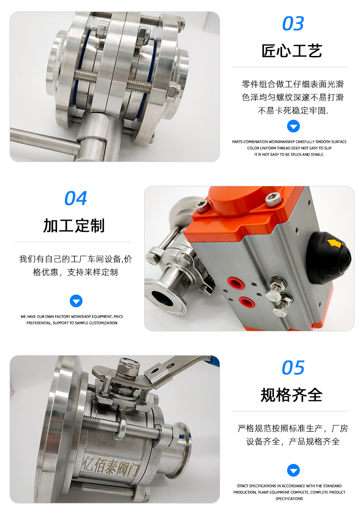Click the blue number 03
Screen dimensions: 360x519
point(293,24)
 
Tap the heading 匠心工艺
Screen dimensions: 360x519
point(292,51)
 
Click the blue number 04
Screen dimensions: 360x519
point(76,198)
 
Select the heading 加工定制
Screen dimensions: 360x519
point(74,226)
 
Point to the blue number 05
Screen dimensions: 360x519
point(293,368)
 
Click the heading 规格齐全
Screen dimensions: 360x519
point(292,395)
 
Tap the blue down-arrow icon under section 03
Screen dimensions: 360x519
point(293,126)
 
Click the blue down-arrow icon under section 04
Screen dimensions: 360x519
point(76,301)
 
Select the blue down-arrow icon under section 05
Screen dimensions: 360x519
point(293,470)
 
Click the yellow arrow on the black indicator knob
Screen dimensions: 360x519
point(335,244)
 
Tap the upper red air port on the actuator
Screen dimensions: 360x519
point(236,283)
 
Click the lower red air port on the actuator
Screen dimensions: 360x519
point(246,301)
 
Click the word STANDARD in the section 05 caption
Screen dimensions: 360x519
point(332,486)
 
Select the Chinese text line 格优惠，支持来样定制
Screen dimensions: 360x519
point(76,272)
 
